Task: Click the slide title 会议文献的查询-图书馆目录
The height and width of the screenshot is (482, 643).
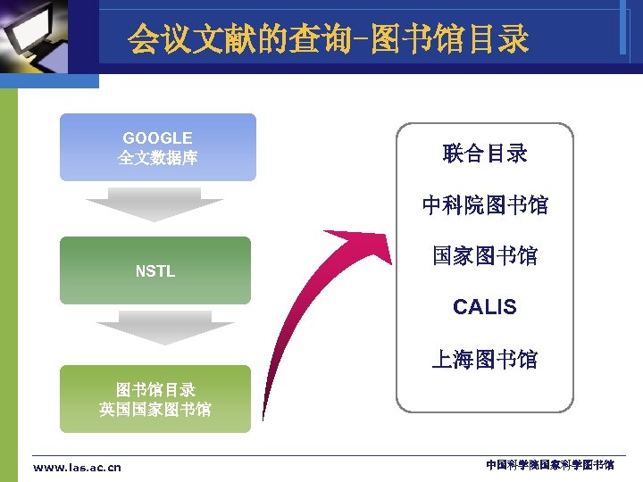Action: [x=328, y=38]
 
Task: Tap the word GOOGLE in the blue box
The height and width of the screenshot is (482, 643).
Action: [x=157, y=138]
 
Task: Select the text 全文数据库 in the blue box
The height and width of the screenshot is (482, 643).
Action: [x=157, y=159]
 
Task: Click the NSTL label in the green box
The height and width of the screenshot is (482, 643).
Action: [x=155, y=271]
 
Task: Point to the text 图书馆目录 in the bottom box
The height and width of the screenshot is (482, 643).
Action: [x=155, y=390]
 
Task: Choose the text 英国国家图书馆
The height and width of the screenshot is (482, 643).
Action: [x=155, y=410]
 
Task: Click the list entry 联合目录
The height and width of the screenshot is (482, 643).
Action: [x=485, y=154]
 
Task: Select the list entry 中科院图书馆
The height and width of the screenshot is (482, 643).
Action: [x=485, y=205]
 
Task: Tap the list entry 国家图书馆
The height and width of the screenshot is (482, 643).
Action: [x=485, y=256]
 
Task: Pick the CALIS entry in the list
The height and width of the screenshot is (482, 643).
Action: [x=485, y=308]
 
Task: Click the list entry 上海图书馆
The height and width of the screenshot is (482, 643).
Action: [x=485, y=360]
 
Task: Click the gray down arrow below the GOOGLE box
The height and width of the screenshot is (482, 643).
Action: [x=154, y=205]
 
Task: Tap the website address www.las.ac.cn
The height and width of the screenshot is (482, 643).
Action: [x=77, y=467]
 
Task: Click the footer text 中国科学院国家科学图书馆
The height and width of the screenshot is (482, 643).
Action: [x=550, y=466]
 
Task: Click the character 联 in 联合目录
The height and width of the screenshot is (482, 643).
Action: [x=454, y=154]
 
